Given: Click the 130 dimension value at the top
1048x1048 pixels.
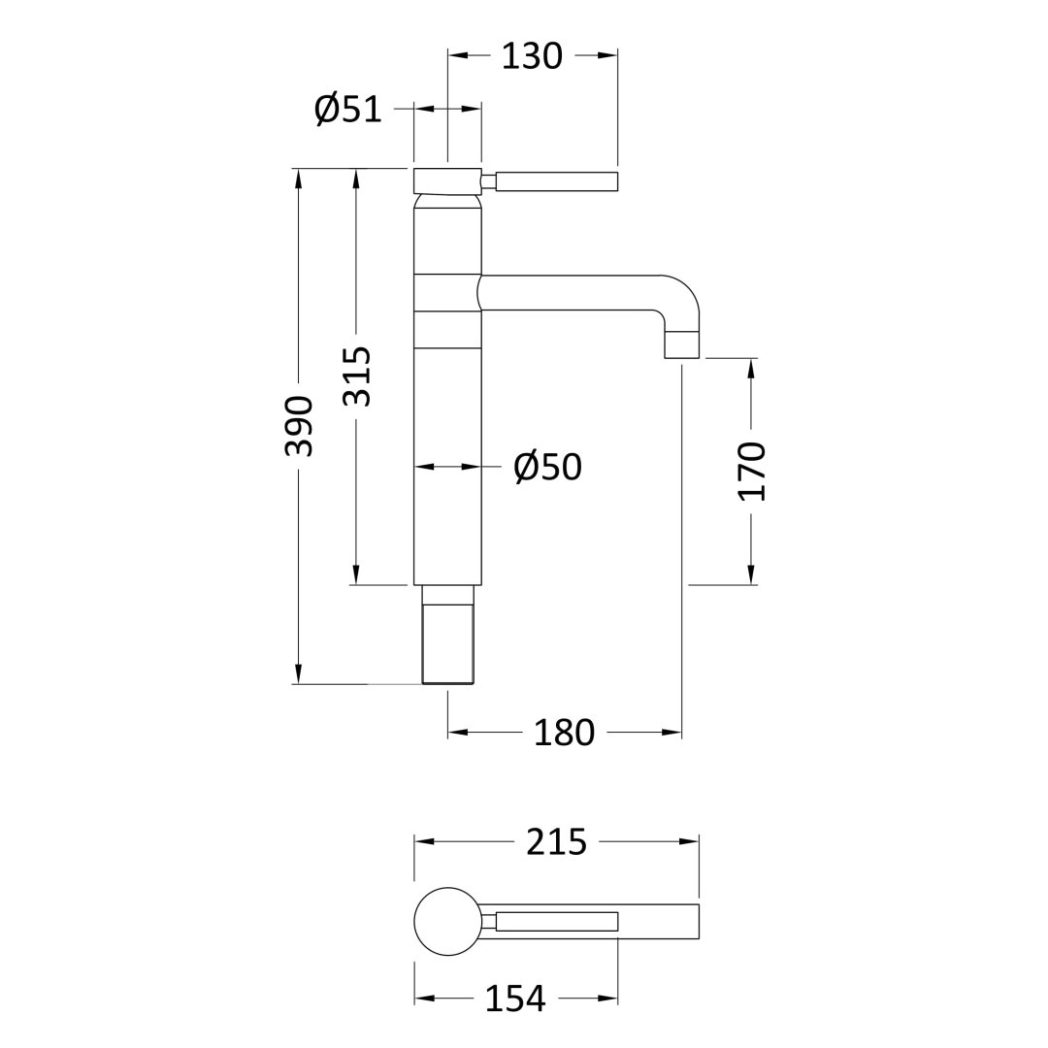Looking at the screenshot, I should click(531, 56).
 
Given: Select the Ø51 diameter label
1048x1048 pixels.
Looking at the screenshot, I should click(348, 110).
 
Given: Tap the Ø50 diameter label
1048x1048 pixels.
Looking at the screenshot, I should click(547, 467).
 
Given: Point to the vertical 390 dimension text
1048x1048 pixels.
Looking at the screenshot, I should click(299, 426).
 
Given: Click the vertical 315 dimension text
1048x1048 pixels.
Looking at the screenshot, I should click(356, 377).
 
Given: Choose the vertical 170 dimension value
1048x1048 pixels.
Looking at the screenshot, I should click(751, 471).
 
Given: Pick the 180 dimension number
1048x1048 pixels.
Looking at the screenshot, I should click(564, 733).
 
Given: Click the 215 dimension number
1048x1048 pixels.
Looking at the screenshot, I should click(556, 842).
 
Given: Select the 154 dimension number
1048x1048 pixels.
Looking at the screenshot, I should click(514, 999).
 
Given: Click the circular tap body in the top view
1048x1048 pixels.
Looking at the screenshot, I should click(447, 921).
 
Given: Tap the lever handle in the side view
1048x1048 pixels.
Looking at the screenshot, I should click(556, 181).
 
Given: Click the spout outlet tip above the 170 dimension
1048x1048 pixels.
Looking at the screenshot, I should click(681, 344).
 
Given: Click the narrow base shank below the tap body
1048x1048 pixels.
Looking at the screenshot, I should click(447, 642).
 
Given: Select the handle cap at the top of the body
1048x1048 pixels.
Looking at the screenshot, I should click(447, 181).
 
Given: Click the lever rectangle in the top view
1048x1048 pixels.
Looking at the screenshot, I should click(556, 921).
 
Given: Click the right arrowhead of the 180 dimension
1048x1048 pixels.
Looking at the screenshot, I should click(671, 732).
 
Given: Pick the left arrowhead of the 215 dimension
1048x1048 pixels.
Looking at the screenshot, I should click(424, 841).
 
